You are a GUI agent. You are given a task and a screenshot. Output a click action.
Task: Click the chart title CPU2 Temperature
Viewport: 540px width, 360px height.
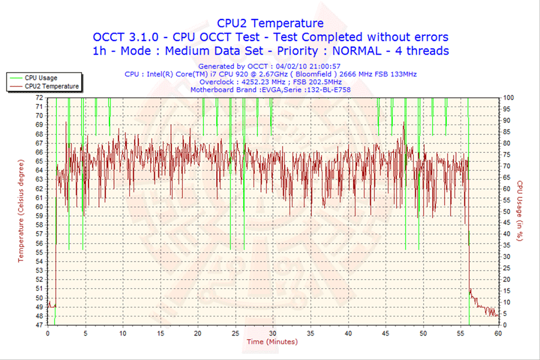coord(270,23)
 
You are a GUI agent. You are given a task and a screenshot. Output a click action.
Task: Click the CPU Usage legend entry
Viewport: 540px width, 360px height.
coord(40,77)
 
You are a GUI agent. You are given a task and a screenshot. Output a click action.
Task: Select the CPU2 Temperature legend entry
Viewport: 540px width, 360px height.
coord(51,86)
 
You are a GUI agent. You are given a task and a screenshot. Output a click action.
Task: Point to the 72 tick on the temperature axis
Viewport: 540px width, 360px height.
coord(40,97)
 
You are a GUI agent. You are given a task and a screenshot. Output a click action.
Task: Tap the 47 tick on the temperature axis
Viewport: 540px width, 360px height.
coord(40,325)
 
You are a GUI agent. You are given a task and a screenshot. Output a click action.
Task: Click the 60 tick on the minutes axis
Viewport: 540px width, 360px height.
coord(498,333)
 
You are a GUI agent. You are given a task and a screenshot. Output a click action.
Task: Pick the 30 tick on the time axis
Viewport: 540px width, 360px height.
coord(272,333)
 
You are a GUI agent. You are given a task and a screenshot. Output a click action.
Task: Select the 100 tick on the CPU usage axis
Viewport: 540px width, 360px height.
coord(508,97)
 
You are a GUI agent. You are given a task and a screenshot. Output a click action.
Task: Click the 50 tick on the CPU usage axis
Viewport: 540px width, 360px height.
coord(507,211)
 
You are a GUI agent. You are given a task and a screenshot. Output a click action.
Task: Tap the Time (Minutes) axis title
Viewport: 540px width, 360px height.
coord(272,343)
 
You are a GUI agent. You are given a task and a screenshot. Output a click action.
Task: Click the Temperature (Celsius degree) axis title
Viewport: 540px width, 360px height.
coord(21,211)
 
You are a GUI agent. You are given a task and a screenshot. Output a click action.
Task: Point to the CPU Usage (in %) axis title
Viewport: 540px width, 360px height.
coord(519,211)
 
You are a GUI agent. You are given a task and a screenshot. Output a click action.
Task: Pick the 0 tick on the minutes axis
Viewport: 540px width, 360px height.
coord(47,333)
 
